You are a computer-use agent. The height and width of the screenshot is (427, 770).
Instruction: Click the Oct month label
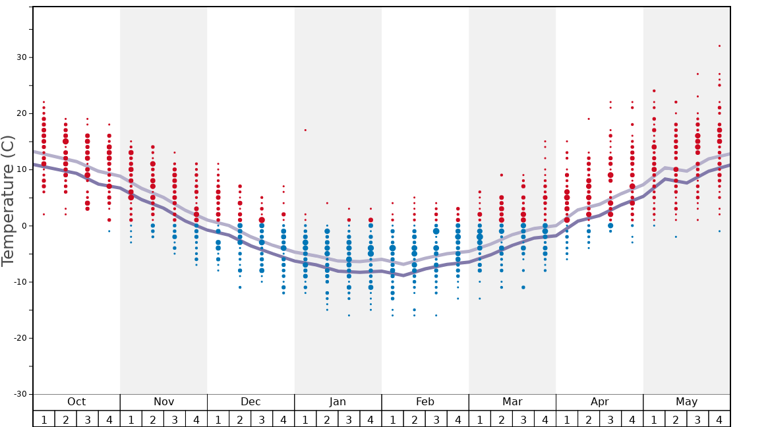pyautogui.click(x=76, y=402)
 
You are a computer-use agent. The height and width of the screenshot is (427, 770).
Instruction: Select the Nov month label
pyautogui.click(x=163, y=402)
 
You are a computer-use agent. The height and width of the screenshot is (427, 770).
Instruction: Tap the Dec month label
pyautogui.click(x=251, y=402)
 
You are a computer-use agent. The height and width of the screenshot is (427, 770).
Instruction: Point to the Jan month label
pyautogui.click(x=338, y=402)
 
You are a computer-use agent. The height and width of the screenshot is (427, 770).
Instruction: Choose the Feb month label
pyautogui.click(x=425, y=402)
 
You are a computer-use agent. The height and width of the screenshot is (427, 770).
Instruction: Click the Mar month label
pyautogui.click(x=512, y=402)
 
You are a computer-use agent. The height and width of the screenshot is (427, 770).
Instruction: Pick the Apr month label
pyautogui.click(x=599, y=402)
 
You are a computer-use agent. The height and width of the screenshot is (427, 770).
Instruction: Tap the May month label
pyautogui.click(x=686, y=402)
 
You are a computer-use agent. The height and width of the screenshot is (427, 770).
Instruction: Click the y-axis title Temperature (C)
pyautogui.click(x=9, y=200)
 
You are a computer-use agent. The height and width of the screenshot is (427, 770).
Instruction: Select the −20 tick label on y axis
pyautogui.click(x=20, y=338)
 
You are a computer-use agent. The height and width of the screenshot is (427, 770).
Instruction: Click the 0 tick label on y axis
pyautogui.click(x=24, y=226)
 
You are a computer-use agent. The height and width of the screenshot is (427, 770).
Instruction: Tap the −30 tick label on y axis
pyautogui.click(x=20, y=394)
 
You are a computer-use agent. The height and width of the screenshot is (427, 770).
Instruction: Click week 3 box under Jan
pyautogui.click(x=349, y=419)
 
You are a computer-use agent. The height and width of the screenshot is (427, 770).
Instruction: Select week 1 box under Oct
pyautogui.click(x=44, y=419)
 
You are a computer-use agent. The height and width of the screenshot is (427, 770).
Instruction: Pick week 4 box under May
pyautogui.click(x=719, y=419)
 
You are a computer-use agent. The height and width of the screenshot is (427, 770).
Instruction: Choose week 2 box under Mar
pyautogui.click(x=501, y=419)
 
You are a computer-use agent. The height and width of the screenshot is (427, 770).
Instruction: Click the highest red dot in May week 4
pyautogui.click(x=719, y=46)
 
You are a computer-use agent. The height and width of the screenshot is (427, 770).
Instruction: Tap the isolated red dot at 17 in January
pyautogui.click(x=305, y=130)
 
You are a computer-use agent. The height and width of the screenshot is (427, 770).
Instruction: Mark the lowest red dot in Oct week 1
pyautogui.click(x=44, y=214)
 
